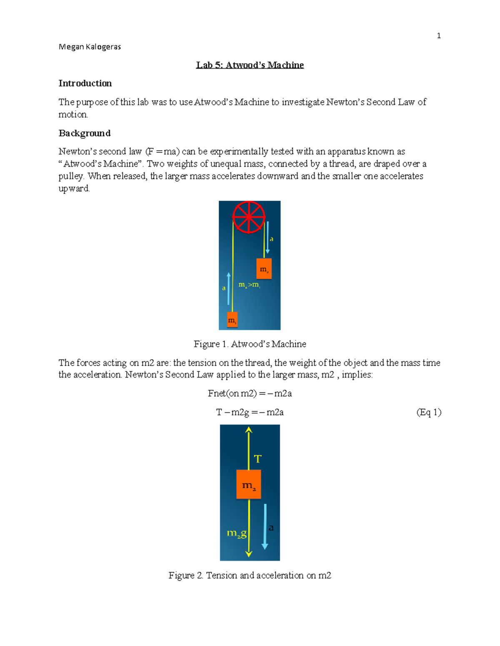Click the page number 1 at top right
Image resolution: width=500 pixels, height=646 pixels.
click(438, 36)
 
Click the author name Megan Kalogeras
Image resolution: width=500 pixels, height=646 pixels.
click(90, 47)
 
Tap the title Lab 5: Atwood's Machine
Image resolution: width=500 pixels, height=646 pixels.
click(250, 65)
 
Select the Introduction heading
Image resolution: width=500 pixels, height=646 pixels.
click(85, 83)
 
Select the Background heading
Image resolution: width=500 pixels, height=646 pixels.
click(85, 133)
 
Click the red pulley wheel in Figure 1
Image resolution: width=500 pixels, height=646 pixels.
click(248, 217)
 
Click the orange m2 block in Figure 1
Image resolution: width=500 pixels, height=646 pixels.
click(264, 269)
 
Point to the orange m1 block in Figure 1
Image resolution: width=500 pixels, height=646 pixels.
click(232, 320)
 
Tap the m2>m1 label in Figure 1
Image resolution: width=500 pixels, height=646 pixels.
click(249, 285)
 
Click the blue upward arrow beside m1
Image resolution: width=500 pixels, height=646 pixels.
click(228, 288)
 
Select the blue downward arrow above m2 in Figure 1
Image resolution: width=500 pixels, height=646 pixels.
click(267, 238)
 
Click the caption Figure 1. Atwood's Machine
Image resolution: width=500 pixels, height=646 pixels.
click(250, 344)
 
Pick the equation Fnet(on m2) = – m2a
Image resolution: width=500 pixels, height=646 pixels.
click(250, 394)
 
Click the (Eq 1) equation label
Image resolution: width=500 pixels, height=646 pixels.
click(429, 412)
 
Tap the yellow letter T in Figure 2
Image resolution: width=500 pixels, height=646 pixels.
click(257, 459)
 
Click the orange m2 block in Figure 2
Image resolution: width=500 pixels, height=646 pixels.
click(249, 485)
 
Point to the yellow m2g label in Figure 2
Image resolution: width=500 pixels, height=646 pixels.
click(236, 533)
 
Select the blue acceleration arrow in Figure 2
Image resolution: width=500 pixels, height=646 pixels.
click(265, 527)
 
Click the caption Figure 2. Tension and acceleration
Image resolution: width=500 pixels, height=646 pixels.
click(250, 575)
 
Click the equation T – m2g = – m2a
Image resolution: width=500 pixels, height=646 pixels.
click(250, 412)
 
